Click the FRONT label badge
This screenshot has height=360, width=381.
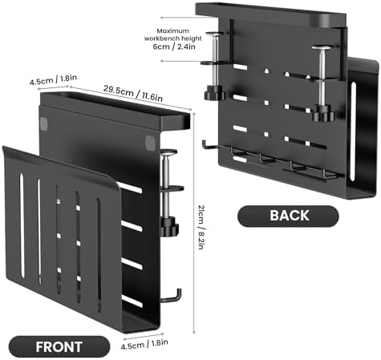59,346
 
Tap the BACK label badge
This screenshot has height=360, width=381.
288,216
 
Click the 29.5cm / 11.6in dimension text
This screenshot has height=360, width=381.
133,93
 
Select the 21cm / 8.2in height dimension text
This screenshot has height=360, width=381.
201,227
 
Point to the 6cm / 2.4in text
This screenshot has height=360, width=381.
174,47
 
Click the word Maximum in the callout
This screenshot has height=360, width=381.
172,30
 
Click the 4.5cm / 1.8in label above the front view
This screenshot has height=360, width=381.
53,79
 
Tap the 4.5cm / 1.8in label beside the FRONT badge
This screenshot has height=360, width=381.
144,344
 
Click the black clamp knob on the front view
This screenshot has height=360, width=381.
169,226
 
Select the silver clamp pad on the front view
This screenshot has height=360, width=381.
169,152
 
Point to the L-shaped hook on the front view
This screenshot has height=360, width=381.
172,297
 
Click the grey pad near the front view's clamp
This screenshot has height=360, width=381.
150,143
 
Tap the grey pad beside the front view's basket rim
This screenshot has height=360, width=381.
43,123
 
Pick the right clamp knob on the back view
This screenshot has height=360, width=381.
324,113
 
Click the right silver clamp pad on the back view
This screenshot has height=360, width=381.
323,48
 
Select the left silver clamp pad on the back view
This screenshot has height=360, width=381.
214,34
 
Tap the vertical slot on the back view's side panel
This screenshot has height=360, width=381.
354,131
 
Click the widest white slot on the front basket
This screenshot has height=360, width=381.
22,225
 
